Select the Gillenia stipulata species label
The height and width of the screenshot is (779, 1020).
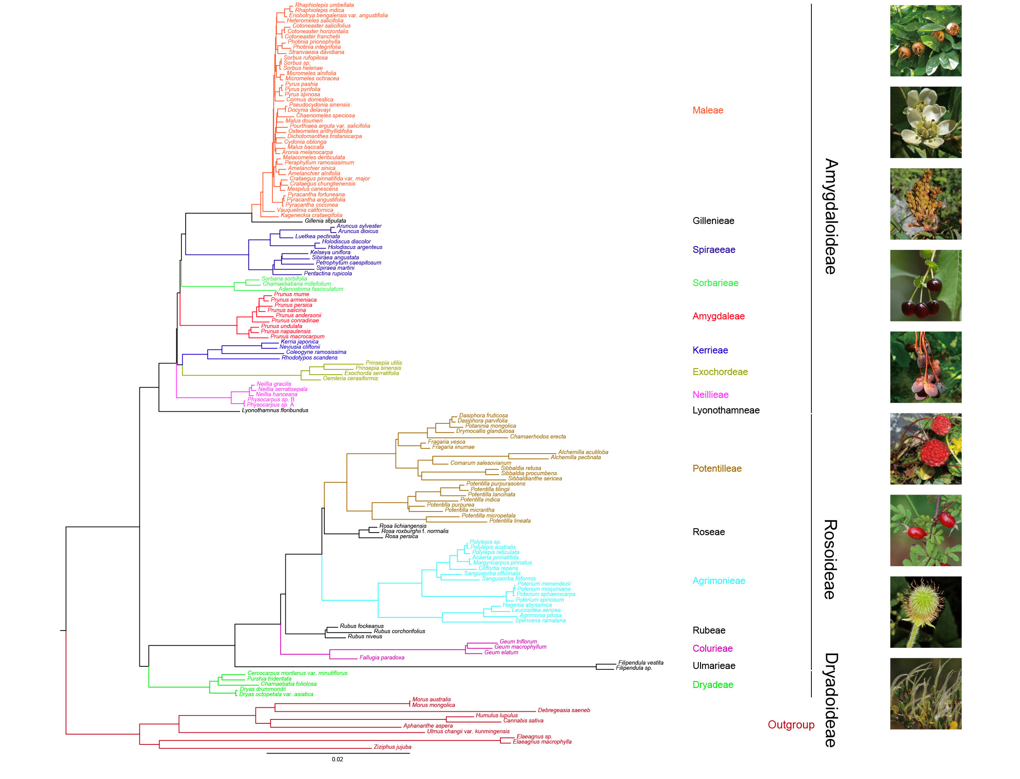point(325,221)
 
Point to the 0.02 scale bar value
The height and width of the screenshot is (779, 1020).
point(337,759)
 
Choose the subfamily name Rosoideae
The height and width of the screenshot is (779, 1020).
point(830,559)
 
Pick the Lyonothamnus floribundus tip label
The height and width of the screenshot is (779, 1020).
point(275,410)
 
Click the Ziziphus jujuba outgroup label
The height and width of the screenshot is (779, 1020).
point(392,747)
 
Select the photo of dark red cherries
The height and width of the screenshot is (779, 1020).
point(925,286)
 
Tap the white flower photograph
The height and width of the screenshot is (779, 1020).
point(925,123)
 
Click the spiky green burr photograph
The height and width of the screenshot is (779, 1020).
point(925,612)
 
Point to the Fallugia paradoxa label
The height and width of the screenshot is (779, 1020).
point(381,658)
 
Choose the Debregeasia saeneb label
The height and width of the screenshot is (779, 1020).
point(564,710)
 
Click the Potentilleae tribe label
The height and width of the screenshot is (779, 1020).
point(717,468)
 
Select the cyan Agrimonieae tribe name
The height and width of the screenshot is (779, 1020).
point(719,580)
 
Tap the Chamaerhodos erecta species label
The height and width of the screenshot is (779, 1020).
point(538,436)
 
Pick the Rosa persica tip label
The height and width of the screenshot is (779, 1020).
point(401,536)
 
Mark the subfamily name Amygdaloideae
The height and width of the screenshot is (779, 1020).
point(830,217)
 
